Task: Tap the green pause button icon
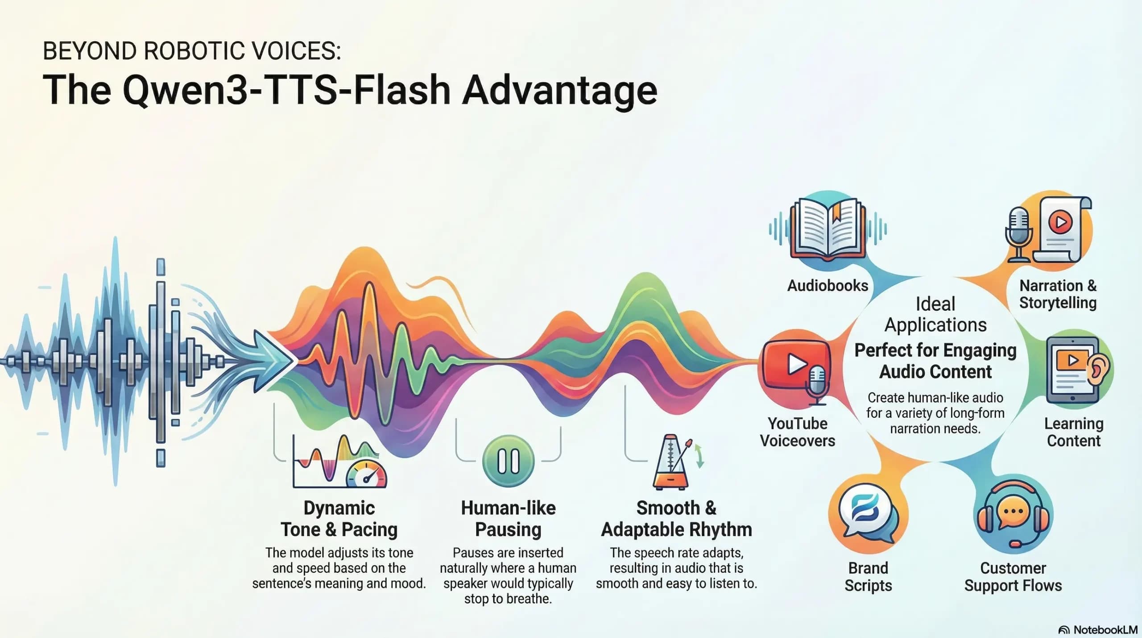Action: click(x=508, y=461)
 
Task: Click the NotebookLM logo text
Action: click(x=1105, y=630)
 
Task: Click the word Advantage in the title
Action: click(x=559, y=90)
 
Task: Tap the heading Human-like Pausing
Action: click(x=508, y=519)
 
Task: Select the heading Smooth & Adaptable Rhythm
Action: click(x=676, y=519)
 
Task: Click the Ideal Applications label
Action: click(x=935, y=314)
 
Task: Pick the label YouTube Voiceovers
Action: click(x=798, y=432)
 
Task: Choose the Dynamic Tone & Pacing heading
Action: click(x=339, y=519)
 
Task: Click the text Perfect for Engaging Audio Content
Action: click(x=935, y=361)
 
